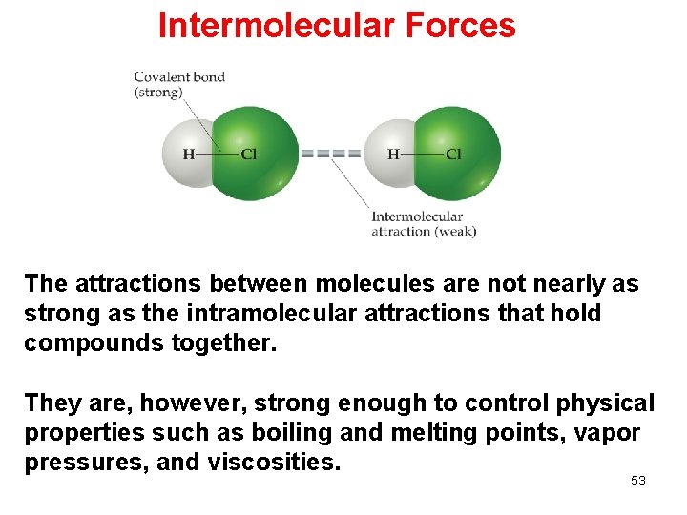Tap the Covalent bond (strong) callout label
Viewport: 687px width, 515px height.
tap(178, 84)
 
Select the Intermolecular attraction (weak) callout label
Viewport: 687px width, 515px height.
tap(423, 224)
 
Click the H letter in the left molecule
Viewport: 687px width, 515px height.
tap(188, 154)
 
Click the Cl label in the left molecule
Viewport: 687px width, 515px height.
tap(248, 154)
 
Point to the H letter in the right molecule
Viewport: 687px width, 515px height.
tap(393, 154)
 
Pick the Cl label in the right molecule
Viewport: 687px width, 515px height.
tap(453, 154)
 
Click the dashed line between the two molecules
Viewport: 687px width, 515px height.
tap(331, 154)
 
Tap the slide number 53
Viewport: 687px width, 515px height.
tap(638, 481)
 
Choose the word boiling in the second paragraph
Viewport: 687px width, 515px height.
tap(292, 433)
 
